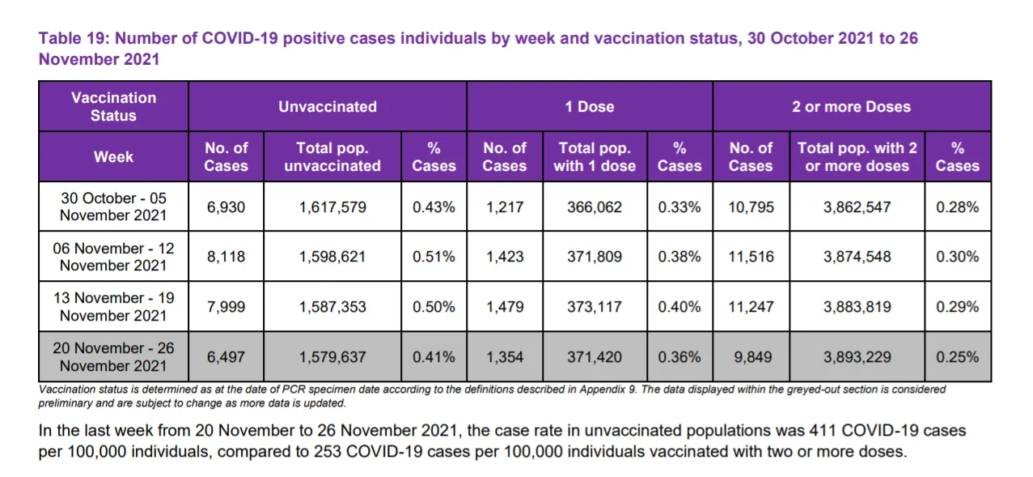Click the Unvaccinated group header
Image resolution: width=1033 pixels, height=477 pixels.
[328, 107]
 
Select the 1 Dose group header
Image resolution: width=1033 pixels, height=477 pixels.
[589, 107]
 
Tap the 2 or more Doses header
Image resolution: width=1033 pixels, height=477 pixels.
[851, 107]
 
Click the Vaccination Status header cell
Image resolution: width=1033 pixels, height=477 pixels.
[113, 107]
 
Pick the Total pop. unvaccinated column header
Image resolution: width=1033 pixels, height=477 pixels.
[332, 157]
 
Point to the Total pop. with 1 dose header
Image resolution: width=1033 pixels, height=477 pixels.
[595, 157]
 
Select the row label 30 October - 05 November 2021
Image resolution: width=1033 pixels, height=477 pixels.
[113, 207]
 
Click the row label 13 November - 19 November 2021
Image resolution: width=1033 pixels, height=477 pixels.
[113, 306]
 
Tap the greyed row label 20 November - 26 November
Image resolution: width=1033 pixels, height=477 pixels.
[113, 356]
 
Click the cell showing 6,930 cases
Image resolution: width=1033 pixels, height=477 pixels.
[226, 207]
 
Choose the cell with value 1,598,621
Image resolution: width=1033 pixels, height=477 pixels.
[332, 257]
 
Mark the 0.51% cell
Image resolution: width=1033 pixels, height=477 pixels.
[434, 257]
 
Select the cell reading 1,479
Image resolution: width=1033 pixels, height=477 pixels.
[505, 307]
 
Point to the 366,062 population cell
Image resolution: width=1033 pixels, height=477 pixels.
[595, 207]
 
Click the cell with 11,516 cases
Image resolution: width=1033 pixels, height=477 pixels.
[751, 257]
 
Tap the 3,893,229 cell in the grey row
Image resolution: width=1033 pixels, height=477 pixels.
[857, 357]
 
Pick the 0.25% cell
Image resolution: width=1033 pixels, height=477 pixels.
[957, 357]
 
